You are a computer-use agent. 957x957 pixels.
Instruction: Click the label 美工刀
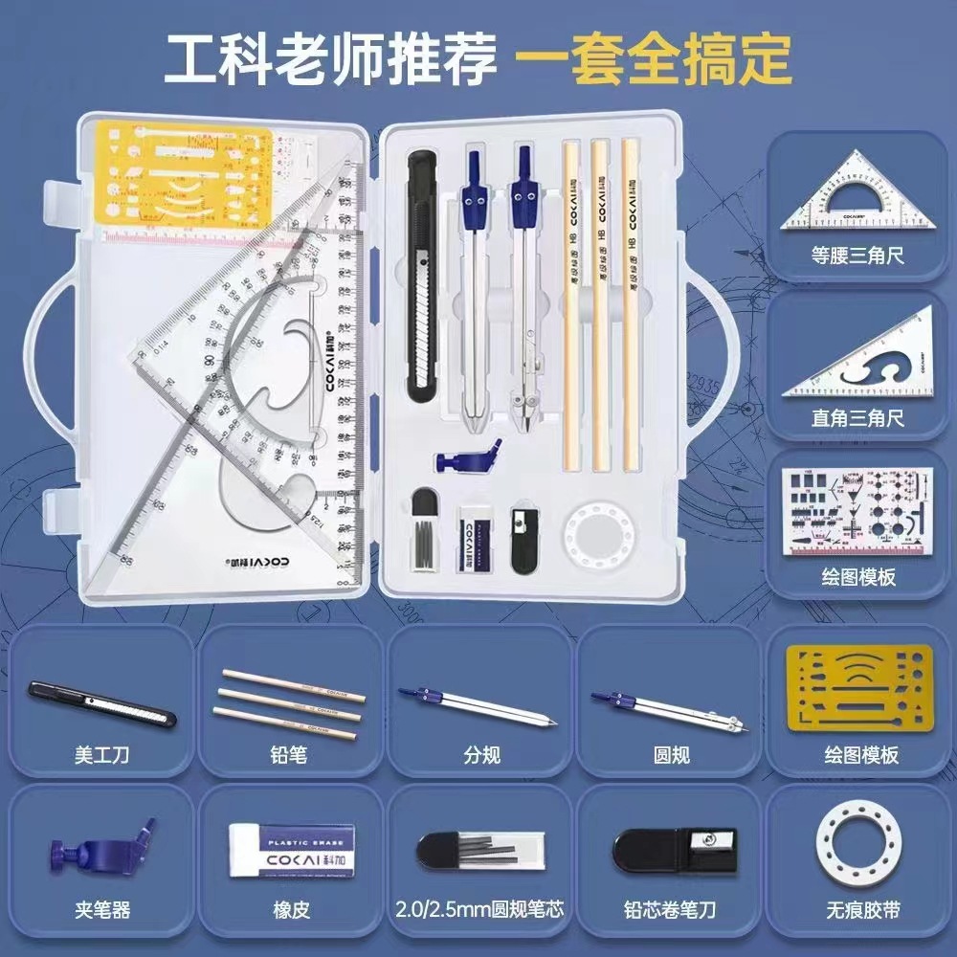(100, 755)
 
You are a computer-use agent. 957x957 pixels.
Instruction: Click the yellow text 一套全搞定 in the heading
(654, 59)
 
